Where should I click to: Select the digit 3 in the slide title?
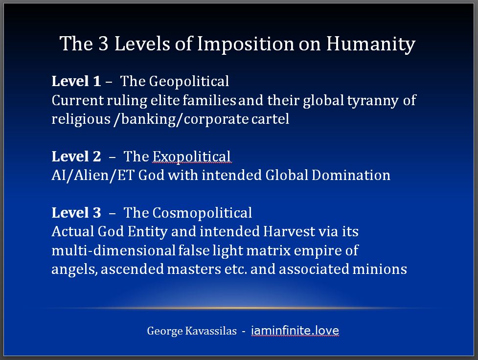[104, 43]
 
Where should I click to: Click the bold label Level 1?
[76, 81]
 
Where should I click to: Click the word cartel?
[270, 119]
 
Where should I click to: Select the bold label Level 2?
[76, 157]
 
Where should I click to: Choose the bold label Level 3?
[76, 213]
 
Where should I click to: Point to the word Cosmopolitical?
[202, 213]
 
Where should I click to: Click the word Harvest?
[289, 231]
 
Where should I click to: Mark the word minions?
[380, 269]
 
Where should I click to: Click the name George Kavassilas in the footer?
[192, 331]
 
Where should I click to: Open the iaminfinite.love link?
[295, 331]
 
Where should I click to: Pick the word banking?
[148, 119]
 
